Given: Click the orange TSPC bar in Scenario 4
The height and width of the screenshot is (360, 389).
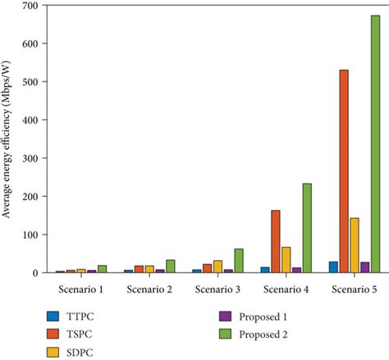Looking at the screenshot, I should click(275, 241).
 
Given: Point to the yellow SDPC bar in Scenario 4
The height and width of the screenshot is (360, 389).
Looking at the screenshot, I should click(286, 259).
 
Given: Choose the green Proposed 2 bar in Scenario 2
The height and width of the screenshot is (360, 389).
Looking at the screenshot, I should click(170, 266).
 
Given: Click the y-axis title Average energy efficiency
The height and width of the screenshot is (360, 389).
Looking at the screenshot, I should click(7, 139).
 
